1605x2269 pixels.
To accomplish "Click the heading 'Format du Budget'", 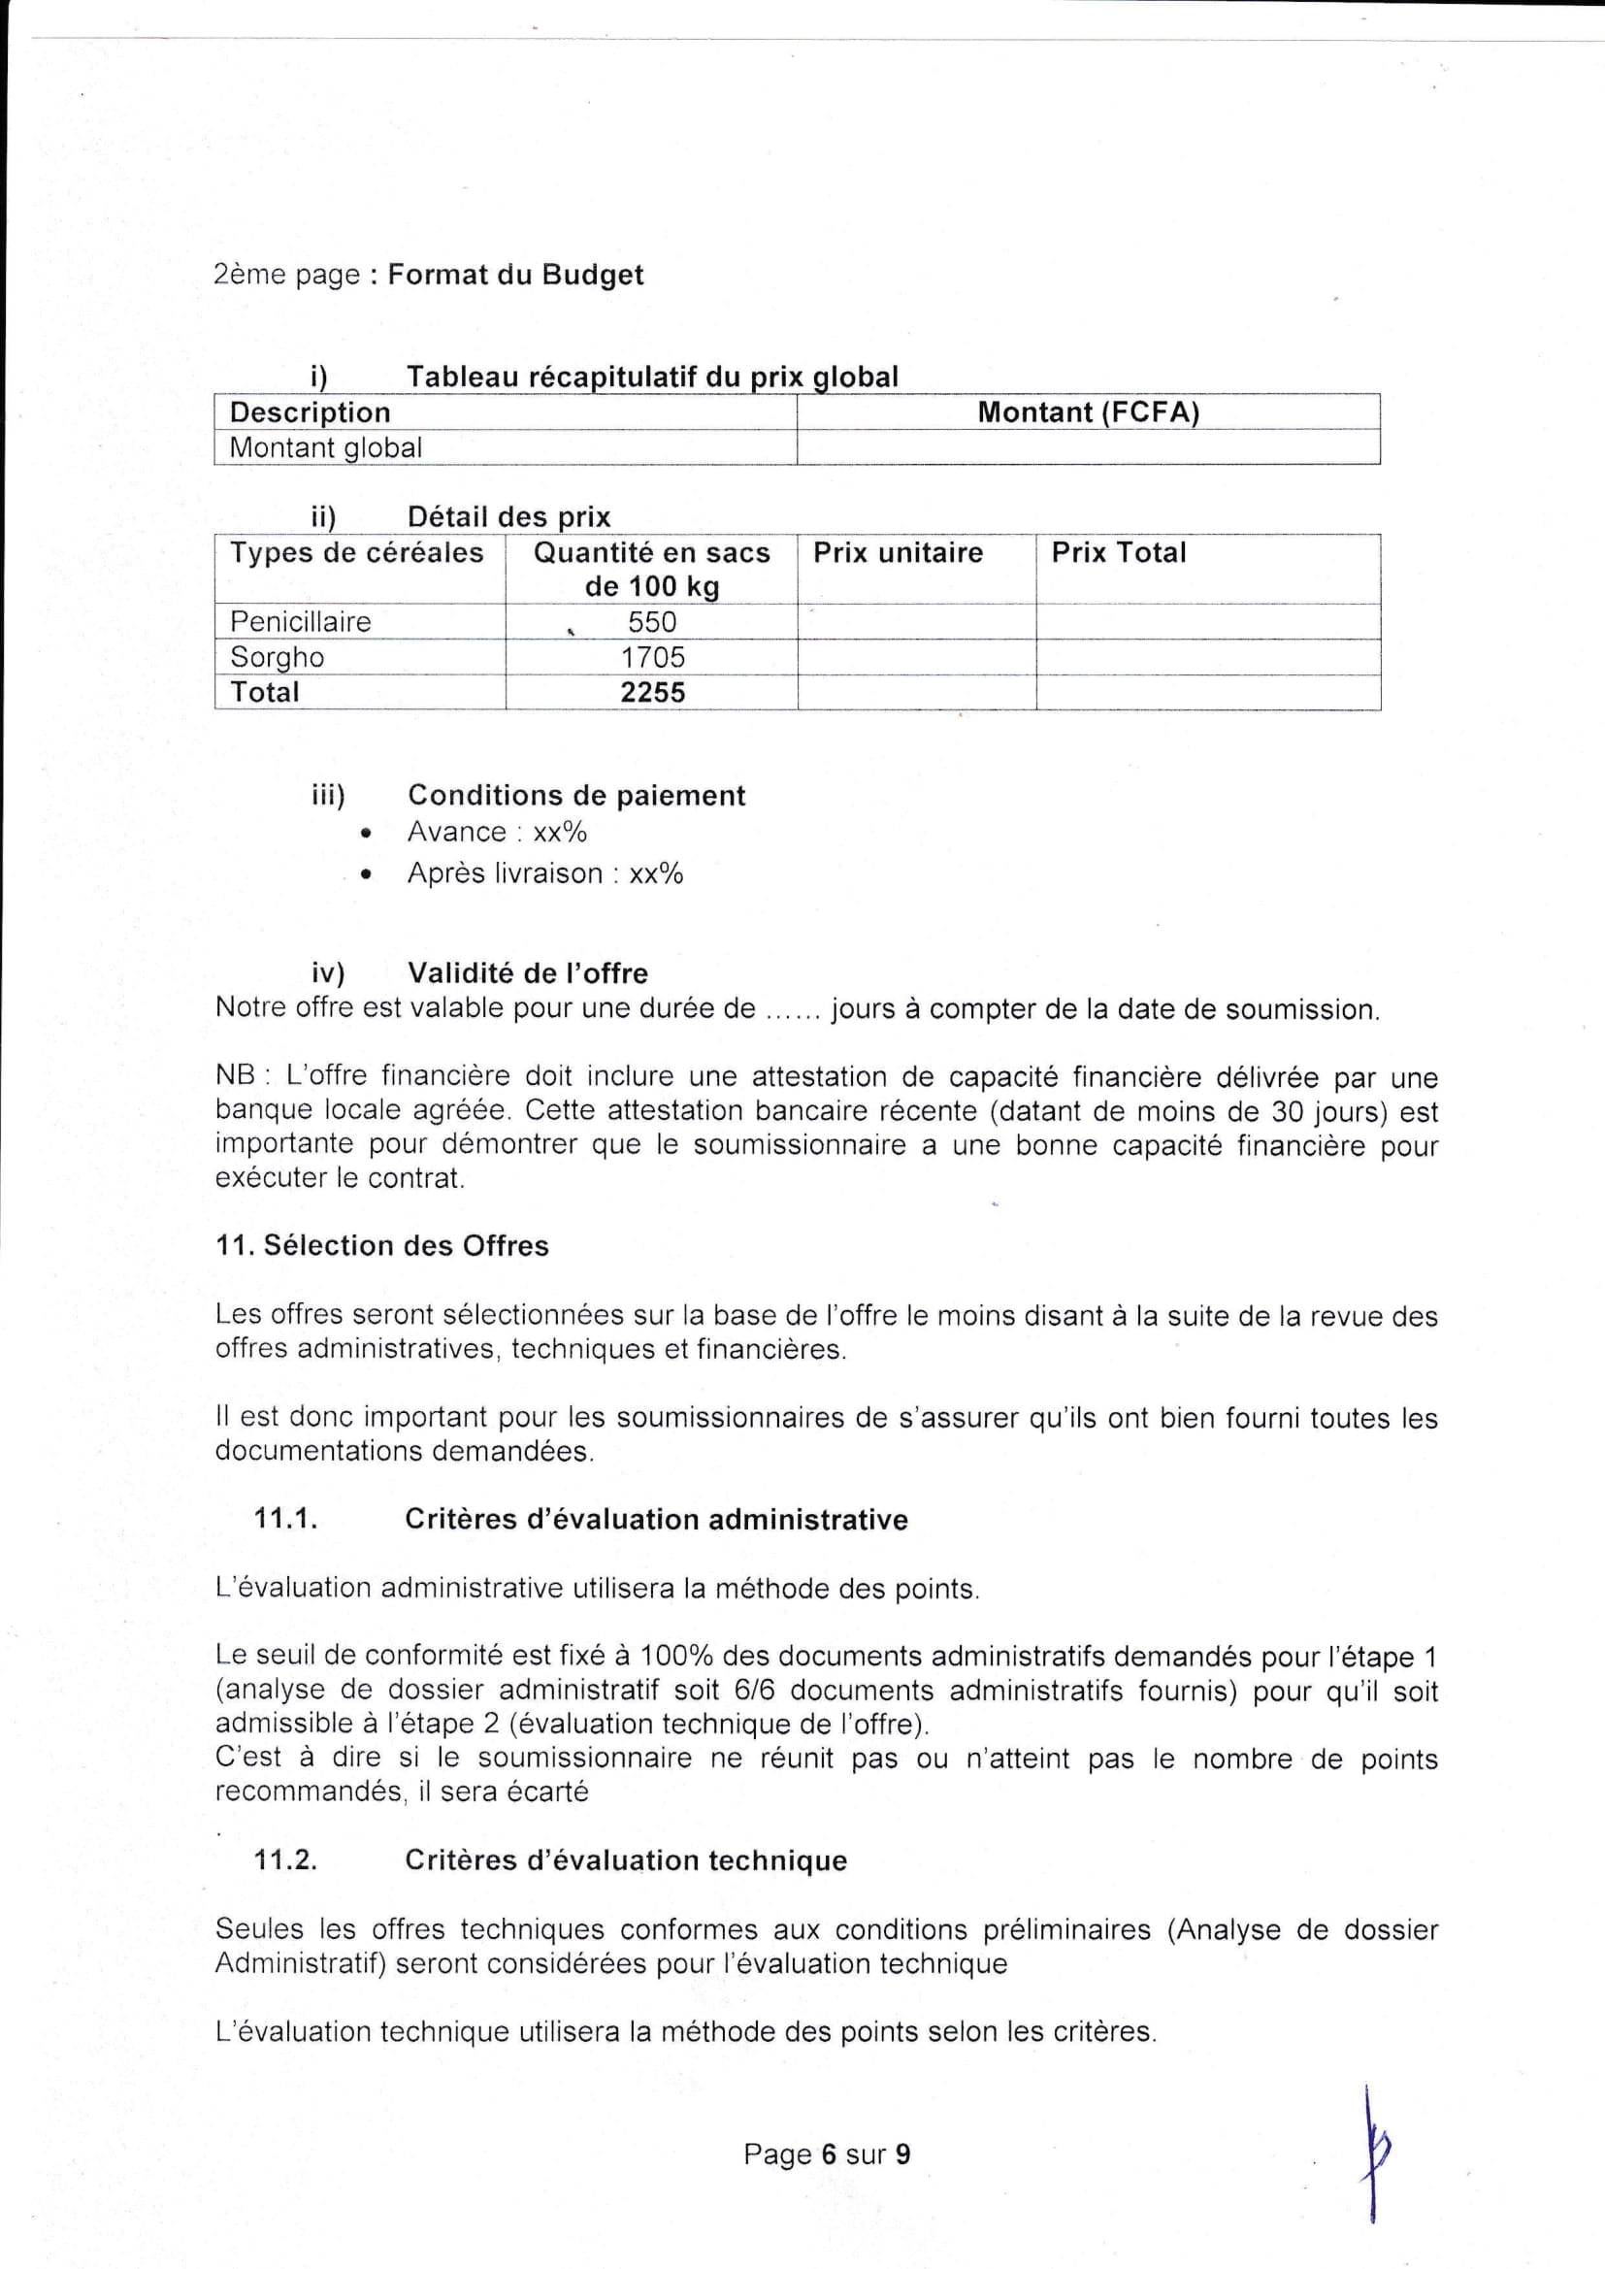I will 515,275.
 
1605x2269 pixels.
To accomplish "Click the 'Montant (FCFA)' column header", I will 1088,412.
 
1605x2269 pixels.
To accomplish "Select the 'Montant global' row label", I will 325,447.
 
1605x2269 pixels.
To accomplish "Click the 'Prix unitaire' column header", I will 898,552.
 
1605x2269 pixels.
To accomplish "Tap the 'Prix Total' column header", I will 1118,552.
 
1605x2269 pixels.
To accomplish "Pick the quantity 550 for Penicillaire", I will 652,622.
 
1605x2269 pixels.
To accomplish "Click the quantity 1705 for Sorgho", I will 652,657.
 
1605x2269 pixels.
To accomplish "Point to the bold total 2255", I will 652,692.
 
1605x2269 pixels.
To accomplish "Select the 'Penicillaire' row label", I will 301,622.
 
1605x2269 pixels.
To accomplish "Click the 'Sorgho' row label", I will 277,657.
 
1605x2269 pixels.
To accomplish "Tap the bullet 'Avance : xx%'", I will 497,832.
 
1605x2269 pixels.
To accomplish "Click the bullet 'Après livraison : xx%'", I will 544,873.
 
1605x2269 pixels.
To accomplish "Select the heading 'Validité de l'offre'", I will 528,973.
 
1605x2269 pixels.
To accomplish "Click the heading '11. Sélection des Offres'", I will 381,1245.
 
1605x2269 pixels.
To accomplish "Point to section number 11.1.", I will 285,1519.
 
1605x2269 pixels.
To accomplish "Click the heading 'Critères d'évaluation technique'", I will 626,1859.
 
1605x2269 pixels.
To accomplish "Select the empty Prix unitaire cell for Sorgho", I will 916,657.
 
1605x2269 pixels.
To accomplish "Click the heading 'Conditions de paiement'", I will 576,795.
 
